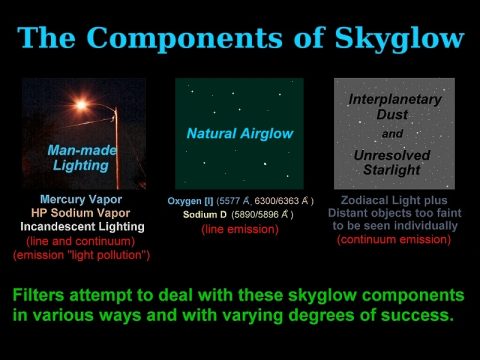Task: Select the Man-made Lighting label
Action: pyautogui.click(x=84, y=158)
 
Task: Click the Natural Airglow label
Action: pyautogui.click(x=238, y=131)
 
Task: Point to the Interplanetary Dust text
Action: pyautogui.click(x=394, y=109)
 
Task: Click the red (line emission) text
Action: pyautogui.click(x=240, y=230)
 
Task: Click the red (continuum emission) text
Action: pyautogui.click(x=394, y=241)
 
